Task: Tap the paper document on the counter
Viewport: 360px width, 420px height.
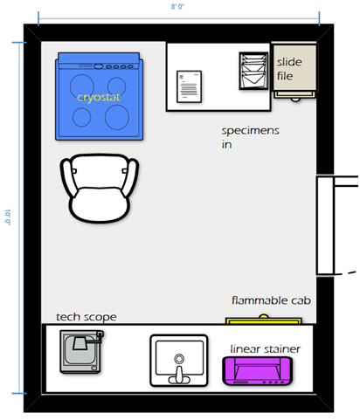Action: coord(188,86)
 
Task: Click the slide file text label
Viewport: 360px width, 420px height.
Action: coord(289,69)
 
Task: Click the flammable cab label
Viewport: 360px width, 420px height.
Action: coord(271,300)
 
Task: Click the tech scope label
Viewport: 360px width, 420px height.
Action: coord(86,316)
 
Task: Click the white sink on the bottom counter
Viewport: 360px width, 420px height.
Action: coord(179,359)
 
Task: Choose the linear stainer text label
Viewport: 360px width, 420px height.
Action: coord(265,349)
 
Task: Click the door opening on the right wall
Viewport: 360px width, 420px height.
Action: coord(336,225)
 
